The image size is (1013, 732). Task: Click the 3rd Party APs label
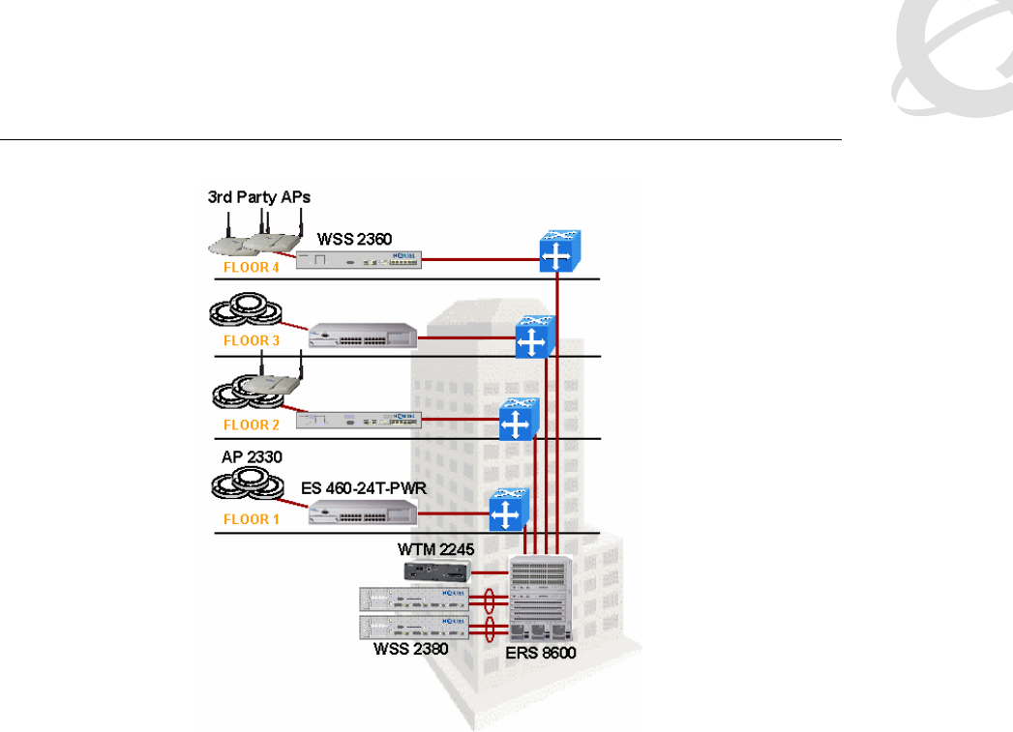pyautogui.click(x=259, y=197)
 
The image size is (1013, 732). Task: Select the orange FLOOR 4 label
pyautogui.click(x=251, y=268)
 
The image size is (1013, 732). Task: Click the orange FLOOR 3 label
pyautogui.click(x=251, y=340)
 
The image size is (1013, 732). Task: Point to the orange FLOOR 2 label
pyautogui.click(x=251, y=425)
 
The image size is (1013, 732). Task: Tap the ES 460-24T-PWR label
pyautogui.click(x=360, y=490)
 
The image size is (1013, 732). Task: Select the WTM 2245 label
pyautogui.click(x=434, y=549)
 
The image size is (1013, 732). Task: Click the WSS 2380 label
pyautogui.click(x=410, y=649)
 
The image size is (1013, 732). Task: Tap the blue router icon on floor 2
pyautogui.click(x=518, y=422)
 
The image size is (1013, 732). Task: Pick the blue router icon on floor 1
pyautogui.click(x=506, y=512)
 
